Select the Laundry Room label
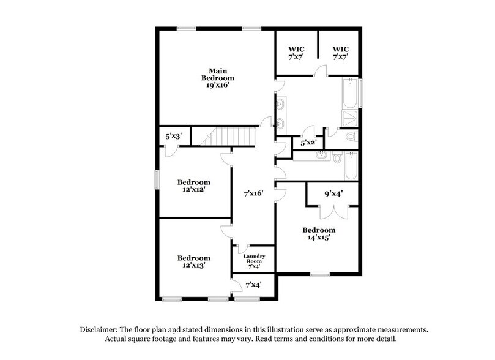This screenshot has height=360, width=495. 253,260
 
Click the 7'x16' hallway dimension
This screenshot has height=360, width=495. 253,193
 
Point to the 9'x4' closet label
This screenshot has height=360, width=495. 332,193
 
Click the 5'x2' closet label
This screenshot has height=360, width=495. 308,143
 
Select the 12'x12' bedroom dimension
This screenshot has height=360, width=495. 194,190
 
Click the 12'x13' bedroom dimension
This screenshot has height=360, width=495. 194,266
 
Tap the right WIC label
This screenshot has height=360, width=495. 340,52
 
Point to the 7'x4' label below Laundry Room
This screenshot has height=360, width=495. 253,285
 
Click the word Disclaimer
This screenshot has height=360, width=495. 101,329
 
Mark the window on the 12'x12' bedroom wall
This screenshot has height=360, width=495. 157,180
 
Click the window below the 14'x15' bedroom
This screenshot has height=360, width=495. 320,274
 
